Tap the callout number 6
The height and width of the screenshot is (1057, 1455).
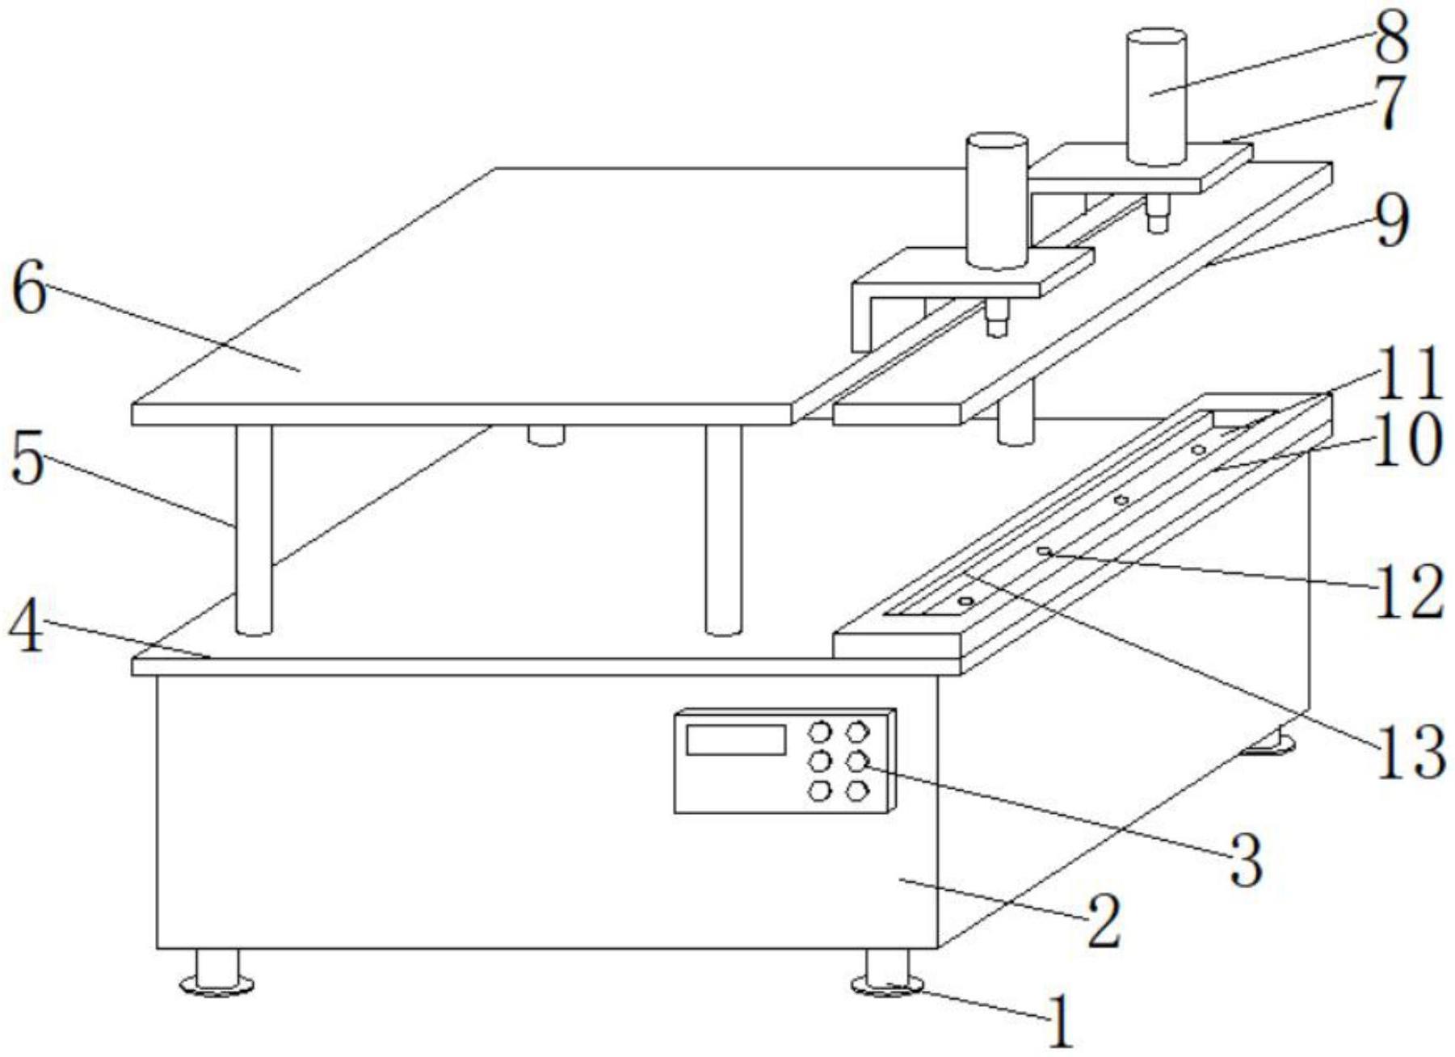coord(30,291)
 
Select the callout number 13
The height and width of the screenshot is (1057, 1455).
coord(1410,752)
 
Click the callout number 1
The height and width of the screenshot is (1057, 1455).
coord(1061,1021)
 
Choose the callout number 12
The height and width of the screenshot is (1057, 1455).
coord(1410,592)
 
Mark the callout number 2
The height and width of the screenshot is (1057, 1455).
coord(1104,921)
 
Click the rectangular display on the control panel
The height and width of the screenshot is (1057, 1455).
coord(735,740)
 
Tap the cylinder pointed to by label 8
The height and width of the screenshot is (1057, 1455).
coord(1156,97)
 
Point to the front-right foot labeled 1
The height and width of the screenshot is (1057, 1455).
coord(887,973)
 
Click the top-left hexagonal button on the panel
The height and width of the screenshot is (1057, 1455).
coord(820,732)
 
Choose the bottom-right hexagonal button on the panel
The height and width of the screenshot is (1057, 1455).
coord(856,790)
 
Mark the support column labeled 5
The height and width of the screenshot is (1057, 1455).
coord(254,529)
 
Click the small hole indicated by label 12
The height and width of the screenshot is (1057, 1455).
coord(1044,552)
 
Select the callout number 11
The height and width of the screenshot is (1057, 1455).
coord(1409,373)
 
